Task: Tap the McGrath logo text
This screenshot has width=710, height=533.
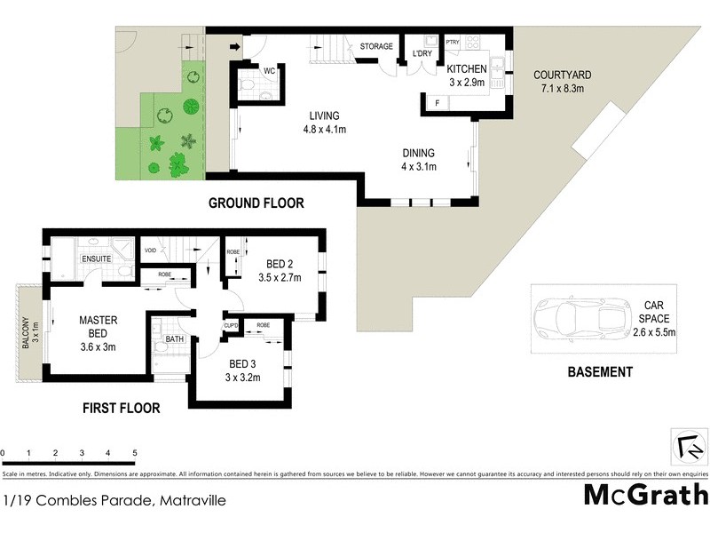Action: [645, 495]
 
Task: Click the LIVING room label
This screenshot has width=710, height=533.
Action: [324, 115]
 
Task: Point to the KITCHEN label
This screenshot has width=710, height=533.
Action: [466, 69]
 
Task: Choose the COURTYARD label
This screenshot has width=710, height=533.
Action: [563, 76]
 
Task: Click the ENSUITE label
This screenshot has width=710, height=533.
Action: [96, 259]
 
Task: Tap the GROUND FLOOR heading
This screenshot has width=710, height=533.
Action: [256, 203]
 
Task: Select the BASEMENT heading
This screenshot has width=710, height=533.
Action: [600, 372]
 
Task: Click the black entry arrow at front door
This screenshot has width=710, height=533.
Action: [235, 47]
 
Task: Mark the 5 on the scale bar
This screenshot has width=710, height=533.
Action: [134, 453]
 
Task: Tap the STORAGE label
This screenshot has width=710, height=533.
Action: [376, 46]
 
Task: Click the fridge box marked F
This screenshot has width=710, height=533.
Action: [437, 103]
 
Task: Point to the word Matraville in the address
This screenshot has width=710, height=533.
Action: [193, 501]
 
